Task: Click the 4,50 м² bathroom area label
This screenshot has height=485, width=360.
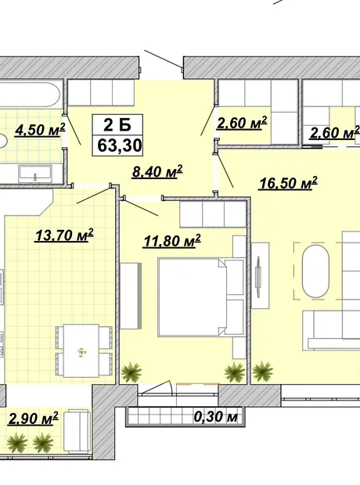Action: coord(40,130)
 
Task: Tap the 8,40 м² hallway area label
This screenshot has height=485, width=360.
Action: coord(157,171)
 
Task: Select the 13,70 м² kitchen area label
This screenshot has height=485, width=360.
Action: coord(64,235)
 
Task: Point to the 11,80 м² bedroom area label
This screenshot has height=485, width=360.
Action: coord(172,241)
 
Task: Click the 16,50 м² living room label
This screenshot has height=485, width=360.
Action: coord(289,183)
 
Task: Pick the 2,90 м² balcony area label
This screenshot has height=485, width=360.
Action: coord(34,419)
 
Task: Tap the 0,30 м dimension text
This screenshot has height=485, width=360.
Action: coord(216,417)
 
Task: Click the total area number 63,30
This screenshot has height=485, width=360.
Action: coord(120,145)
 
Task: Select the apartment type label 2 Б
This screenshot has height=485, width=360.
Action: coord(117,125)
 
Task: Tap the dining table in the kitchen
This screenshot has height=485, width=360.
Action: coord(81,350)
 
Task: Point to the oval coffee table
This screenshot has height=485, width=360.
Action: coord(315,271)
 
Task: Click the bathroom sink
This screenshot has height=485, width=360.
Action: coord(35,174)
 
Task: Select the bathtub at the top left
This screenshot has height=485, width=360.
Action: coord(30,95)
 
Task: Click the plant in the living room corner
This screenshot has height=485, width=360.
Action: coord(263,371)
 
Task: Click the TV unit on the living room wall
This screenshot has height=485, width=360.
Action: coord(260,275)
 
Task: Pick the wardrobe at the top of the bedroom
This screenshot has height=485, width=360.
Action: coord(213,214)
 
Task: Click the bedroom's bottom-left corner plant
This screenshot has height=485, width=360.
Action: coord(131,372)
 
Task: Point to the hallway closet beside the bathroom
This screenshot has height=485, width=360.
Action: coord(101,93)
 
